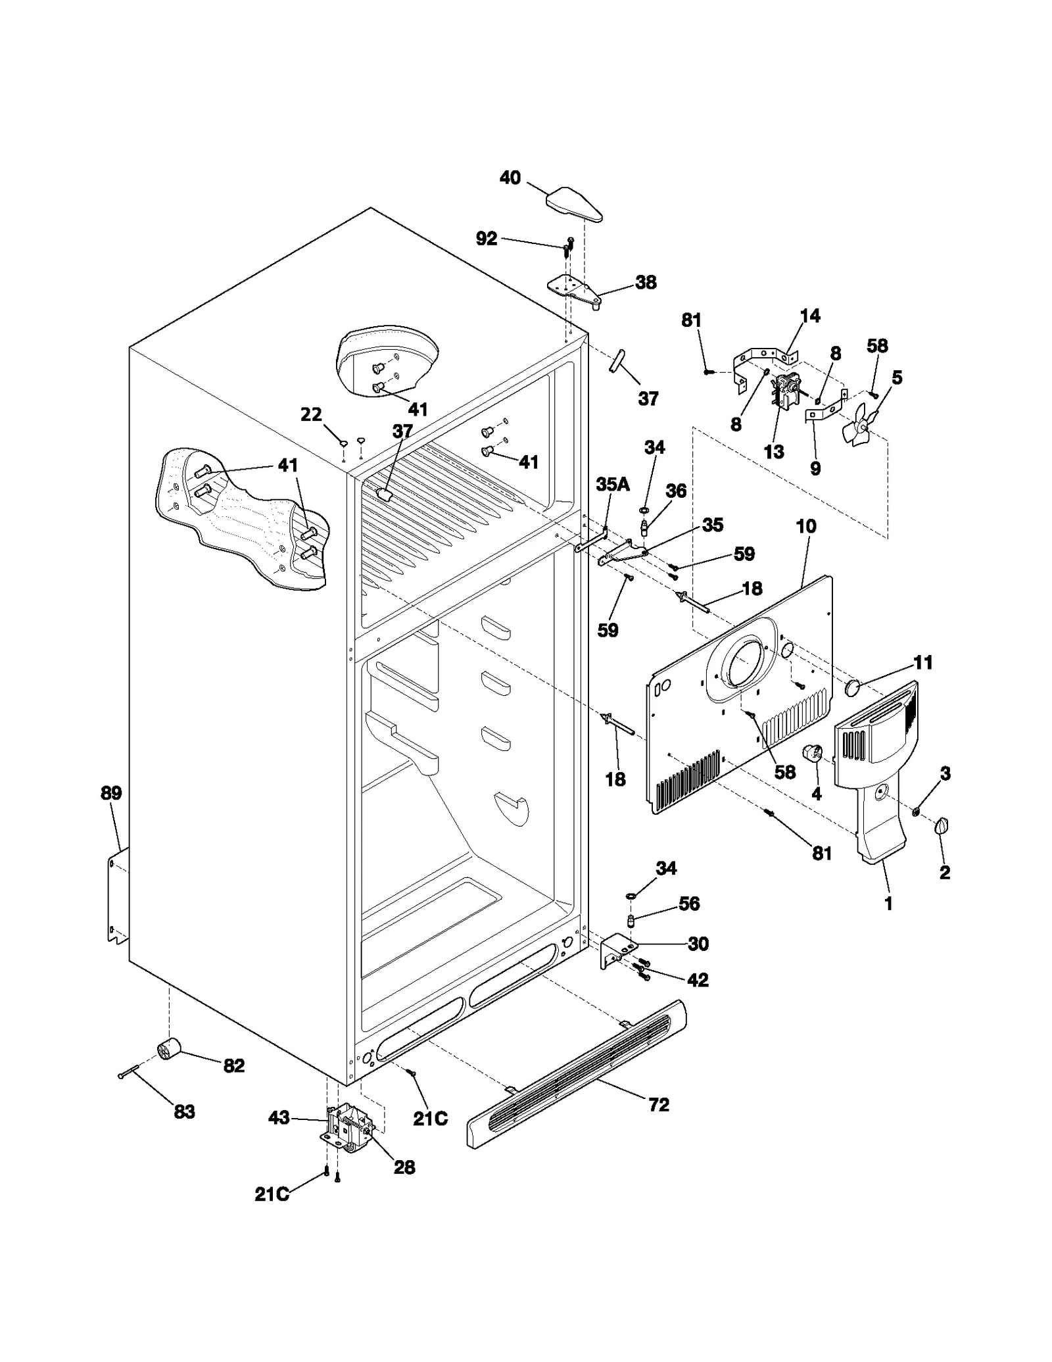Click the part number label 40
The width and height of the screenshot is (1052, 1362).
(x=510, y=178)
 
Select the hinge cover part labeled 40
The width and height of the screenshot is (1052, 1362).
(x=575, y=203)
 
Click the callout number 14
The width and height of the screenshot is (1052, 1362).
(x=810, y=316)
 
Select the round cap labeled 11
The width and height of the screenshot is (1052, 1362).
(x=853, y=688)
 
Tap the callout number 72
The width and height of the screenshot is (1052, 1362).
(x=658, y=1104)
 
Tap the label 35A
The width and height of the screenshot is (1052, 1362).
(x=612, y=485)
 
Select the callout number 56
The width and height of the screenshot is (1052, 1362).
(x=688, y=904)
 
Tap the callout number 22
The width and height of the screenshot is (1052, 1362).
(x=311, y=414)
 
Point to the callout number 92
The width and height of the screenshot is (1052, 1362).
(x=486, y=238)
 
